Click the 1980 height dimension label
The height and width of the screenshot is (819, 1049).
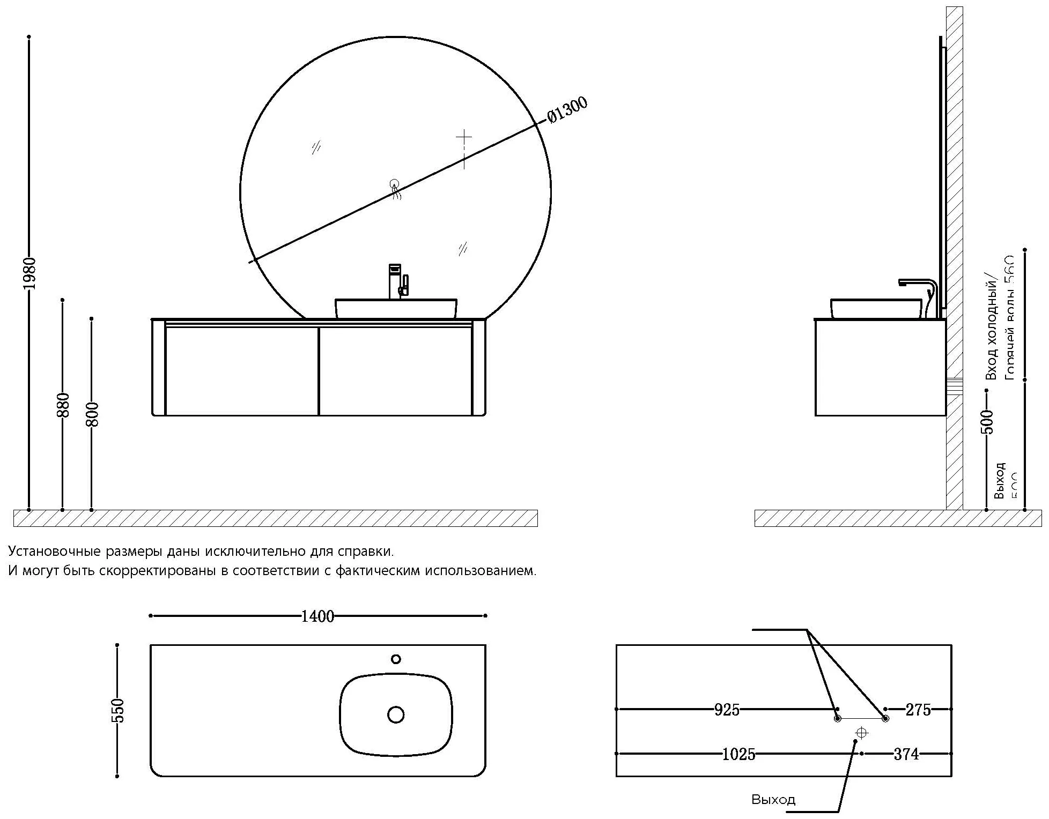[30, 273]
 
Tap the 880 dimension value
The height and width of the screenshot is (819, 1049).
[63, 405]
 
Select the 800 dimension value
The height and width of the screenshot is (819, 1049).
[92, 414]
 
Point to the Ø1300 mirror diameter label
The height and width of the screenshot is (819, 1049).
[567, 110]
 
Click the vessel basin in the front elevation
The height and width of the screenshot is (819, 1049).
[396, 309]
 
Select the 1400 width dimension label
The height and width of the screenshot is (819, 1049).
[317, 616]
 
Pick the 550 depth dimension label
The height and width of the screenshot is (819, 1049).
[118, 711]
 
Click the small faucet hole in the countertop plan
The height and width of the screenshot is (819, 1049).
[396, 659]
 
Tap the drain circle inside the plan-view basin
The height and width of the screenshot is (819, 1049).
[396, 714]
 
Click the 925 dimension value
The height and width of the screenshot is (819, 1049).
[727, 710]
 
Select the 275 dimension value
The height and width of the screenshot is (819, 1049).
[918, 710]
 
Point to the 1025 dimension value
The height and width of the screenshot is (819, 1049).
[738, 754]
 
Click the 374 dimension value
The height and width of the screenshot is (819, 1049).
[906, 754]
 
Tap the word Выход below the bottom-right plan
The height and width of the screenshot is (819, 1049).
[773, 800]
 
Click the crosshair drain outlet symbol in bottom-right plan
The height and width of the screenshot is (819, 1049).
[862, 733]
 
